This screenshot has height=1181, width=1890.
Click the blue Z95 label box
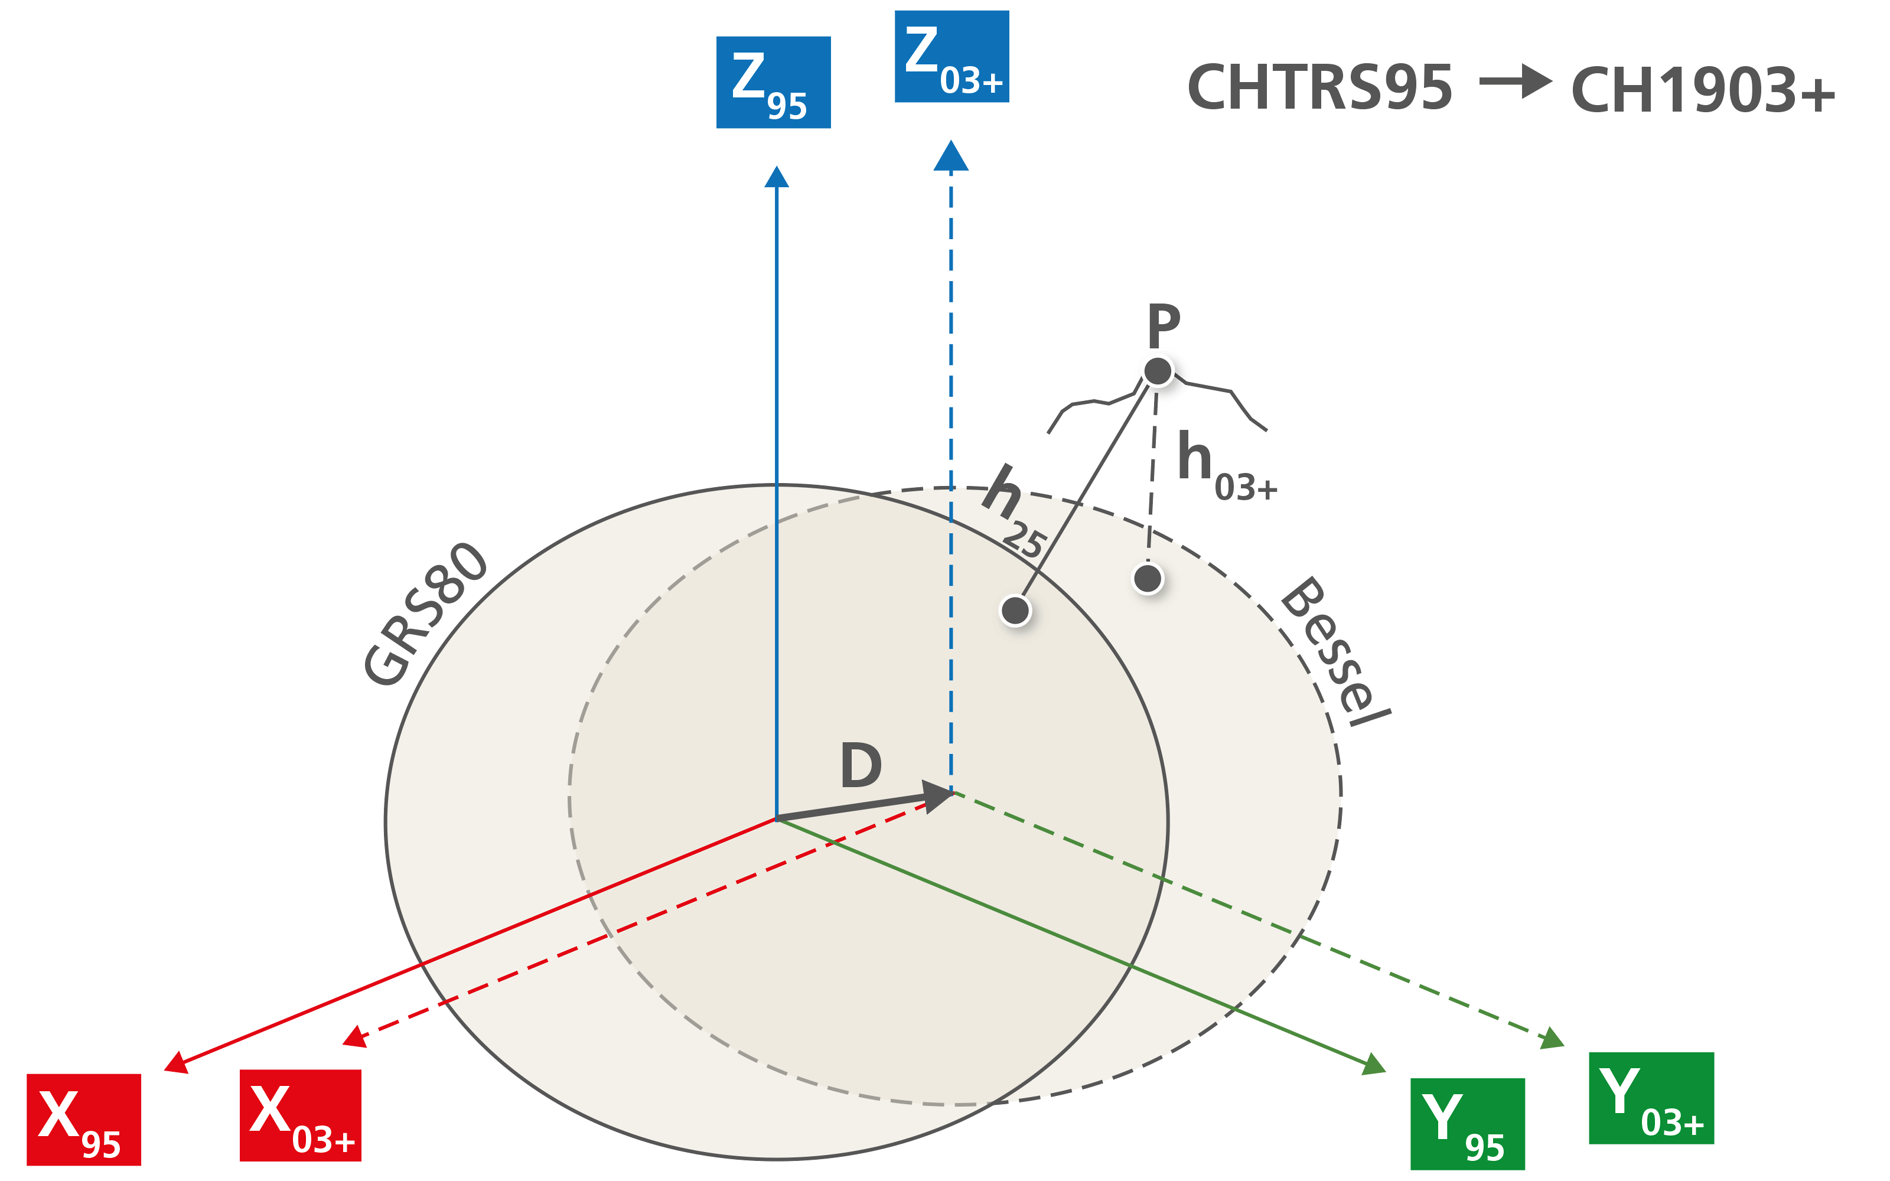pyautogui.click(x=773, y=82)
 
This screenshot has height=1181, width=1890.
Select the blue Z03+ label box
pyautogui.click(x=951, y=56)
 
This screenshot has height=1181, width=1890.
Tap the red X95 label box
pyautogui.click(x=83, y=1120)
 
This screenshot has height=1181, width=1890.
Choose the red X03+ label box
pyautogui.click(x=300, y=1115)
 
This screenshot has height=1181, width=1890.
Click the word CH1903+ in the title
pyautogui.click(x=1703, y=90)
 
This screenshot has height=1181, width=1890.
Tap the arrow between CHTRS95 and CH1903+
pyautogui.click(x=1515, y=81)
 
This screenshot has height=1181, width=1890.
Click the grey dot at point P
pyautogui.click(x=1158, y=371)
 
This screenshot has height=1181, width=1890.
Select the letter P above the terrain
pyautogui.click(x=1163, y=326)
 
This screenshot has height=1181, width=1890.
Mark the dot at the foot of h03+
pyautogui.click(x=1147, y=579)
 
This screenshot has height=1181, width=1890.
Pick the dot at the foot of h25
pyautogui.click(x=1015, y=610)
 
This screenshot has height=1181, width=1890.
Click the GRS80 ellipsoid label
pyautogui.click(x=426, y=614)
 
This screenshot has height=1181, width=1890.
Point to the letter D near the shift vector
pyautogui.click(x=861, y=765)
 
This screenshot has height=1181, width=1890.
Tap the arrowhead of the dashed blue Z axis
pyautogui.click(x=950, y=156)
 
